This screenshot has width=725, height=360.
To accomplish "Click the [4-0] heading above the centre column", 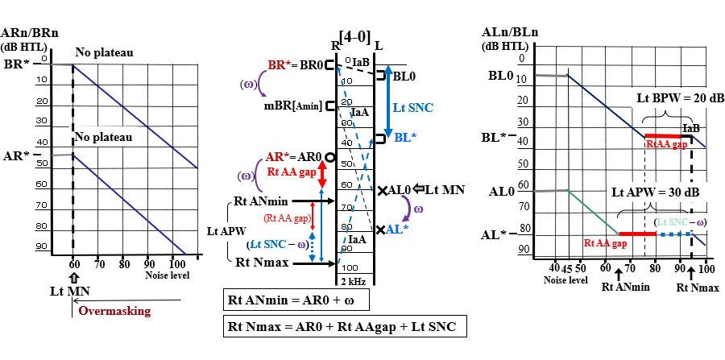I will tap(355, 36).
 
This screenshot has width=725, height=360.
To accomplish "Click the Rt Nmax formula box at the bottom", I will tap(342, 328).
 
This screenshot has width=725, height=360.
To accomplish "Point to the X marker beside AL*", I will tap(380, 229).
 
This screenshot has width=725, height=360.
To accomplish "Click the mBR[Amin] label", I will tap(293, 106).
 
